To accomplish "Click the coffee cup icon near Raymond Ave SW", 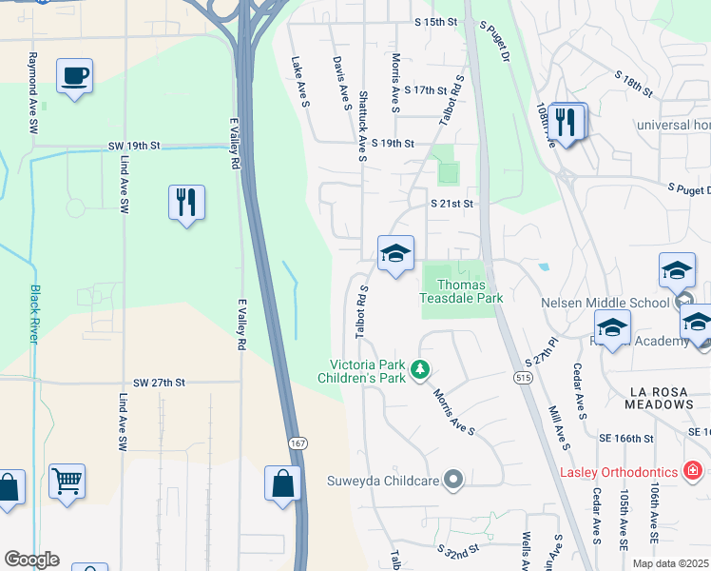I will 74,75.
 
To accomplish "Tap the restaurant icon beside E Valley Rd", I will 186,203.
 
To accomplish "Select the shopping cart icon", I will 67,481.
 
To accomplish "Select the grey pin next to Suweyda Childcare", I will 454,480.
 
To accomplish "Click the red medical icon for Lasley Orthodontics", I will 693,471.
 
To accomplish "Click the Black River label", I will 35,313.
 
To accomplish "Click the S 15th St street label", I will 436,21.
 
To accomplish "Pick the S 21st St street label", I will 452,204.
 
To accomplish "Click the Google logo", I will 31,560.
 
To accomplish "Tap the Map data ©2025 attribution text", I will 670,563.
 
